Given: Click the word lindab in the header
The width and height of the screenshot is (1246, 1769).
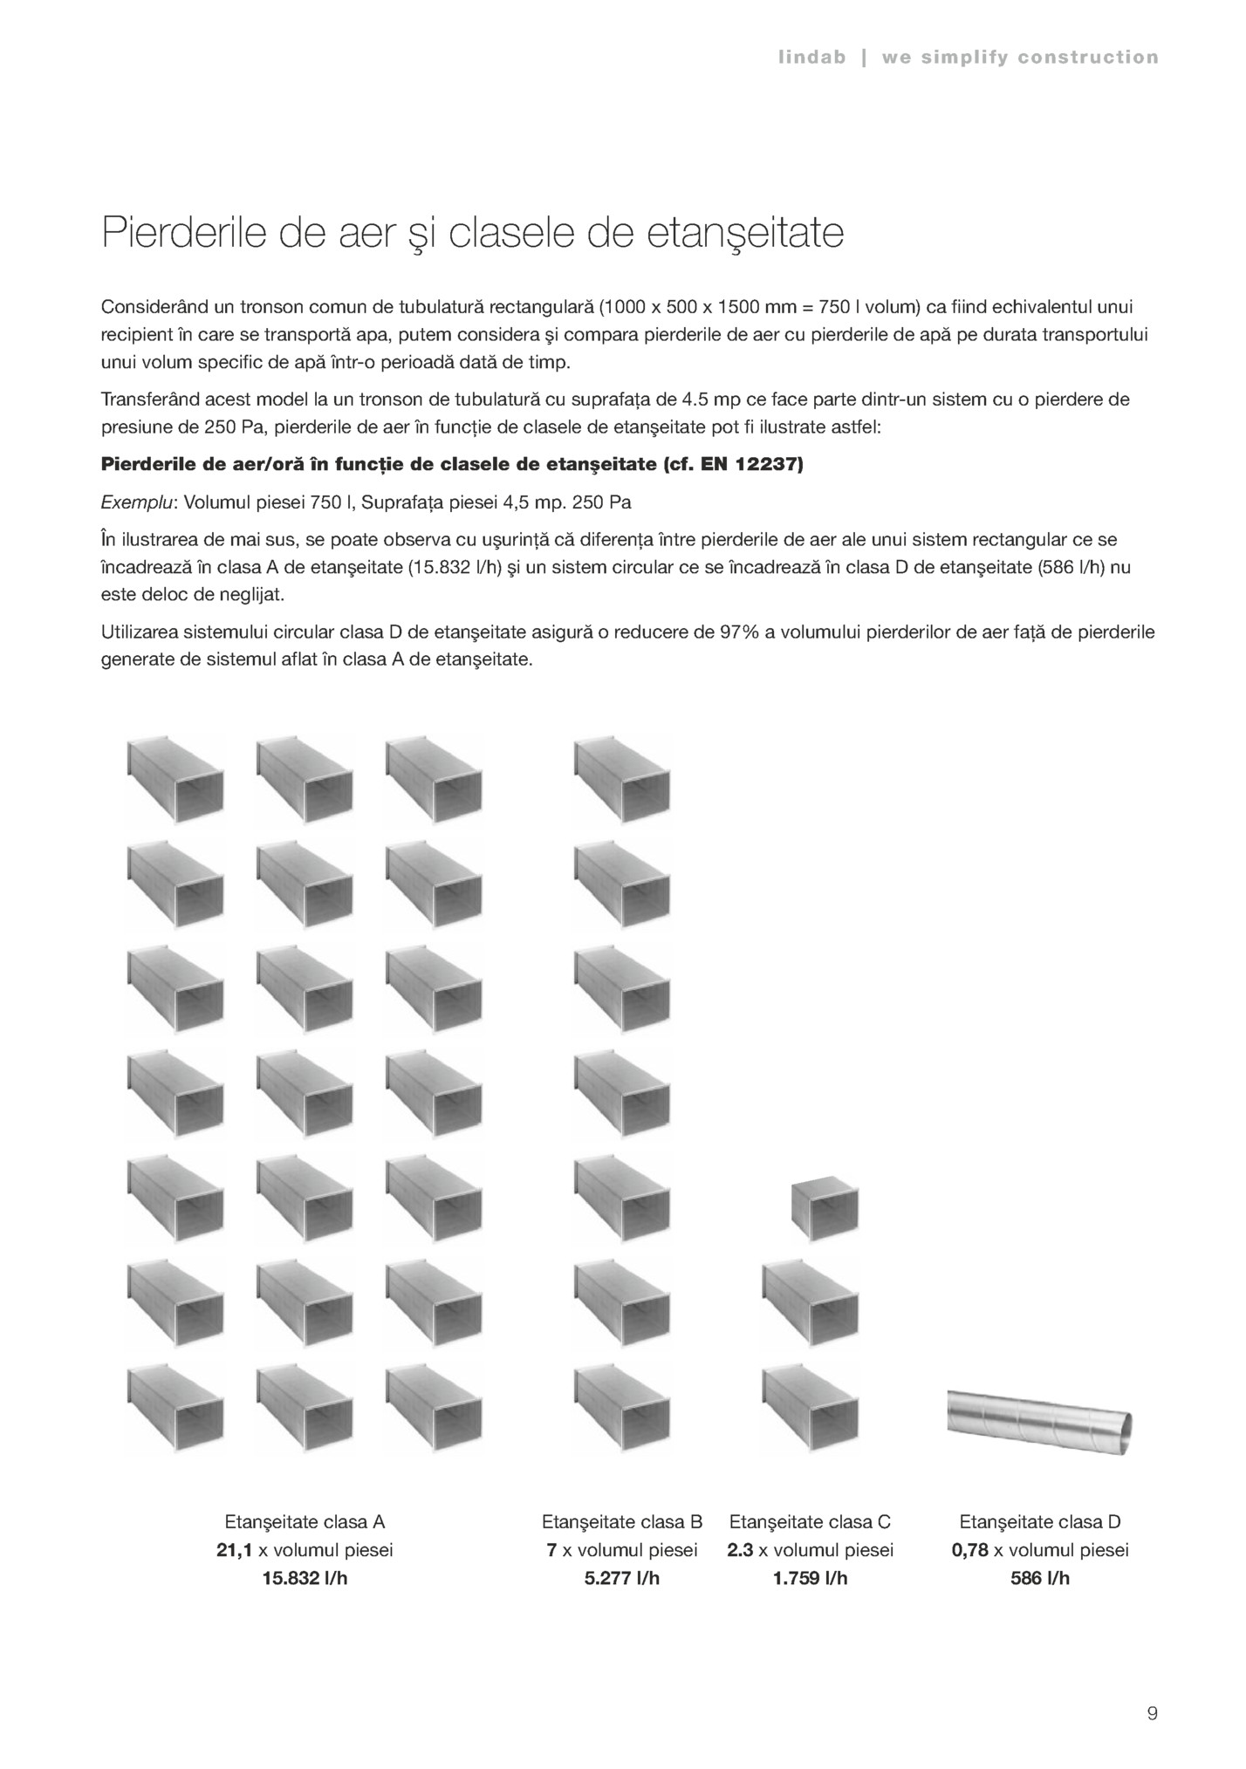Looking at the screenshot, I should (x=811, y=58).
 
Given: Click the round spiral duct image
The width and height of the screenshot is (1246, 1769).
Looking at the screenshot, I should (x=1040, y=1422).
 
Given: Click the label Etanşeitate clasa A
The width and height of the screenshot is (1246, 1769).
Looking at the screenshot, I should (x=305, y=1522).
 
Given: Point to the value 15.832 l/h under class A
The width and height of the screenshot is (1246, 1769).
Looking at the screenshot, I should (x=305, y=1578).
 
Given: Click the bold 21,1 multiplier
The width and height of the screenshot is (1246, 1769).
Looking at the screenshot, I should (x=234, y=1550).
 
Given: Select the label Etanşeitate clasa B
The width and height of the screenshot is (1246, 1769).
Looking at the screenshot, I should (x=621, y=1522).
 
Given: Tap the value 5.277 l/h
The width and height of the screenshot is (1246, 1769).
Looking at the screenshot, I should (x=621, y=1578).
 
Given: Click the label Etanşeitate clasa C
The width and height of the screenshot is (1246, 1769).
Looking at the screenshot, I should (x=809, y=1522).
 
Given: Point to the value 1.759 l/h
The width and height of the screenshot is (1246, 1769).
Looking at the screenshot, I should (x=809, y=1578).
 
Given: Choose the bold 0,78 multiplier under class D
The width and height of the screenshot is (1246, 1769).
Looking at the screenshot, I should (x=970, y=1550).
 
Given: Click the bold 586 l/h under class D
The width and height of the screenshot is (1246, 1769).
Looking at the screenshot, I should (x=1040, y=1578).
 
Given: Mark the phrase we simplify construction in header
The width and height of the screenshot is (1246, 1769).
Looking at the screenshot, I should (x=1020, y=58).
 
